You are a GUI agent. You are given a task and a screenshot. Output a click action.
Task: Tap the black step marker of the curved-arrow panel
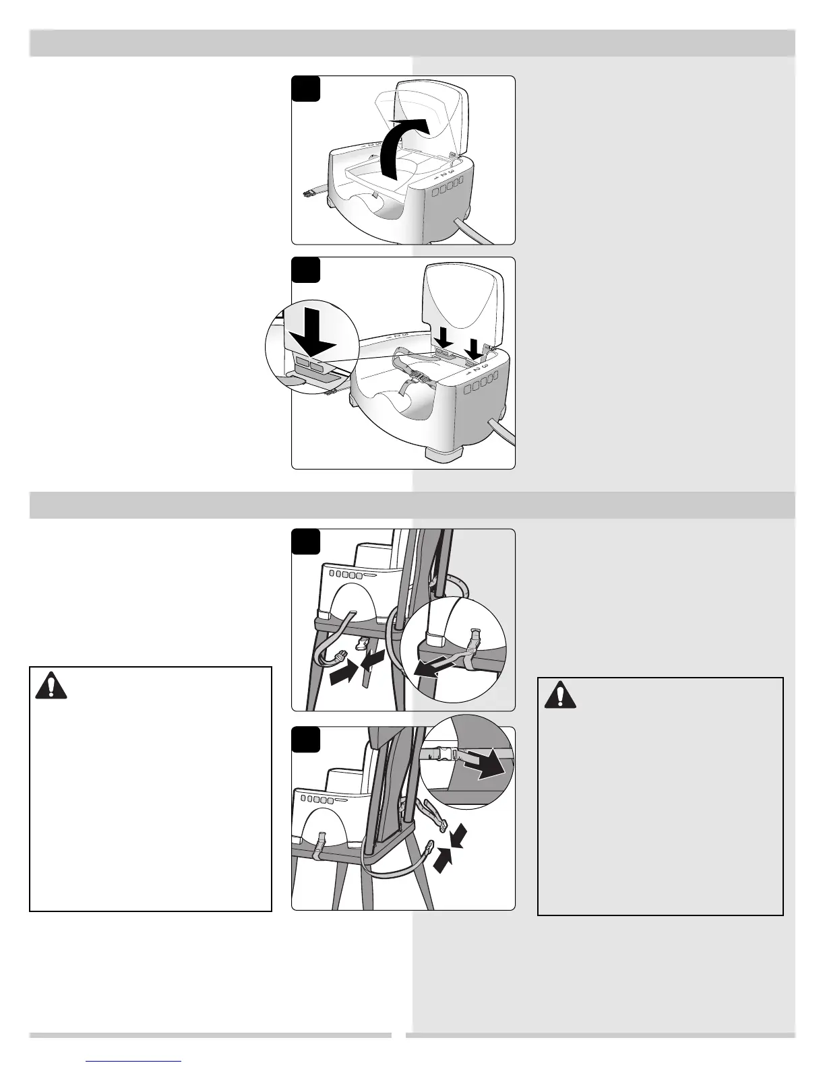(x=305, y=90)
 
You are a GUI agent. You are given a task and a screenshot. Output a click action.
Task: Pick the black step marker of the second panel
(x=305, y=271)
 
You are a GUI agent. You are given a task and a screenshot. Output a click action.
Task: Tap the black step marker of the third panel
(x=305, y=543)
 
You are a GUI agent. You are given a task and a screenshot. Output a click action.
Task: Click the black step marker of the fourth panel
(x=305, y=740)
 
